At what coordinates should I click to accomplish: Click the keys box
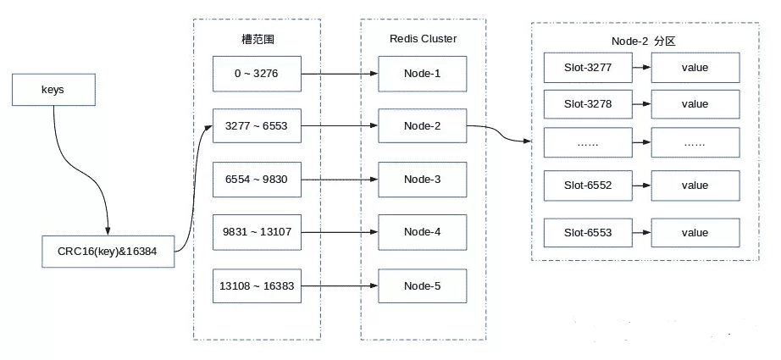click(x=53, y=89)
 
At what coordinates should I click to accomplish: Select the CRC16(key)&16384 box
click(x=108, y=252)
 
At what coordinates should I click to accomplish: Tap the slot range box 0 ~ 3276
click(x=256, y=73)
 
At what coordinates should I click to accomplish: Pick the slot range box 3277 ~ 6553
click(x=256, y=125)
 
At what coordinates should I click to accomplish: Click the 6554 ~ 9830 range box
click(x=256, y=179)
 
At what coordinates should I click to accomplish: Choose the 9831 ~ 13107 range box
click(x=256, y=232)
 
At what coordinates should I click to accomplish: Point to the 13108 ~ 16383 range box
click(x=256, y=285)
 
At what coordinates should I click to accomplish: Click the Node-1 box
click(x=422, y=73)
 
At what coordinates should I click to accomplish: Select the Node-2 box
click(x=422, y=125)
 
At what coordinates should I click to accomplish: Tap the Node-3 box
click(x=422, y=179)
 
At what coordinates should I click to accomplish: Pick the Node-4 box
click(x=422, y=232)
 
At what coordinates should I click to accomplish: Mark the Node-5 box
click(x=422, y=285)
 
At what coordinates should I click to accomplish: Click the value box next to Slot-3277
click(x=695, y=67)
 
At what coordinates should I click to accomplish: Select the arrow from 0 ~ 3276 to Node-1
click(x=339, y=73)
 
